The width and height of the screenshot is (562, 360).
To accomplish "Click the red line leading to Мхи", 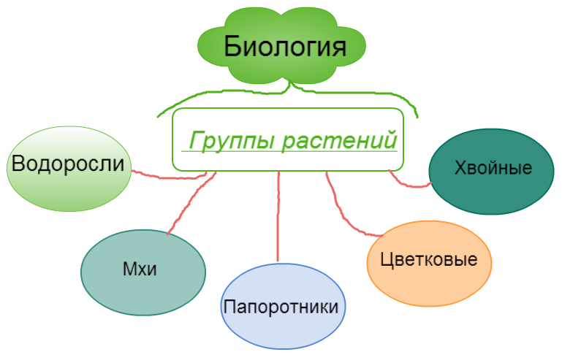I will click(189, 204).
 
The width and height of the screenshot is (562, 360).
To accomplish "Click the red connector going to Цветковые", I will click(343, 212).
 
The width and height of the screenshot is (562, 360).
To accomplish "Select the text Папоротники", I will click(281, 306).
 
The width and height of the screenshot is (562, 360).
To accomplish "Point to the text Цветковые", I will click(429, 260).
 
